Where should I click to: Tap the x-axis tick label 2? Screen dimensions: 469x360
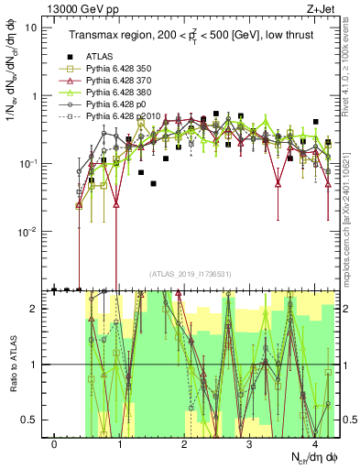click(185, 444)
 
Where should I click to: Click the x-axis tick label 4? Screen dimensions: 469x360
click(315, 444)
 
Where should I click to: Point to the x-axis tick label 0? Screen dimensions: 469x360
click(55, 444)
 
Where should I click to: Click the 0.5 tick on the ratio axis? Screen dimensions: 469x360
click(35, 420)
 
